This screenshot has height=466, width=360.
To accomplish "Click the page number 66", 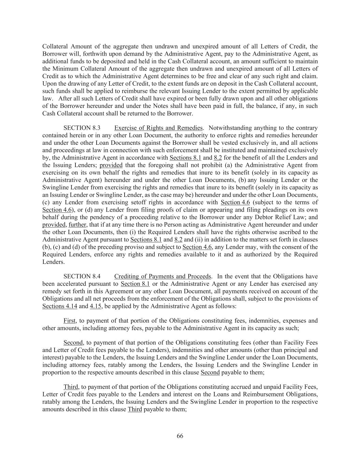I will click(180, 436).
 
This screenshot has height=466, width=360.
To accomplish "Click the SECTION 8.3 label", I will click(82, 128).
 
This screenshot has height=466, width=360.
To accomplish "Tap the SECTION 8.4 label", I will click(82, 276).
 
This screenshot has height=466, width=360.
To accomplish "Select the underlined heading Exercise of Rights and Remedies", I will click(158, 128).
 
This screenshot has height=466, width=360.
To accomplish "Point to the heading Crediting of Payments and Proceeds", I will click(163, 276).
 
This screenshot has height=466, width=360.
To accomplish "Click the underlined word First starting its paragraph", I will click(70, 321).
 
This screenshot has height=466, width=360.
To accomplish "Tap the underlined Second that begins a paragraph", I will click(73, 342).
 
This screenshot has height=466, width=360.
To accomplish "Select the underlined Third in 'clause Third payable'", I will click(134, 409).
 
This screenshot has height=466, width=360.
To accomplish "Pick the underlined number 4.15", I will click(96, 306).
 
